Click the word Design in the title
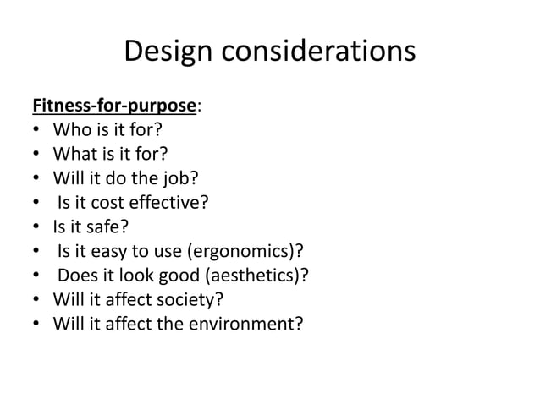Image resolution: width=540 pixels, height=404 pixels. pyautogui.click(x=169, y=52)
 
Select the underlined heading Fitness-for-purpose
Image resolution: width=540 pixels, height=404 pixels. pyautogui.click(x=114, y=106)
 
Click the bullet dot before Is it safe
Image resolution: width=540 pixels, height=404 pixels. pyautogui.click(x=36, y=227)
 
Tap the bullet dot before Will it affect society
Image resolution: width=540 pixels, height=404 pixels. pyautogui.click(x=36, y=298)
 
